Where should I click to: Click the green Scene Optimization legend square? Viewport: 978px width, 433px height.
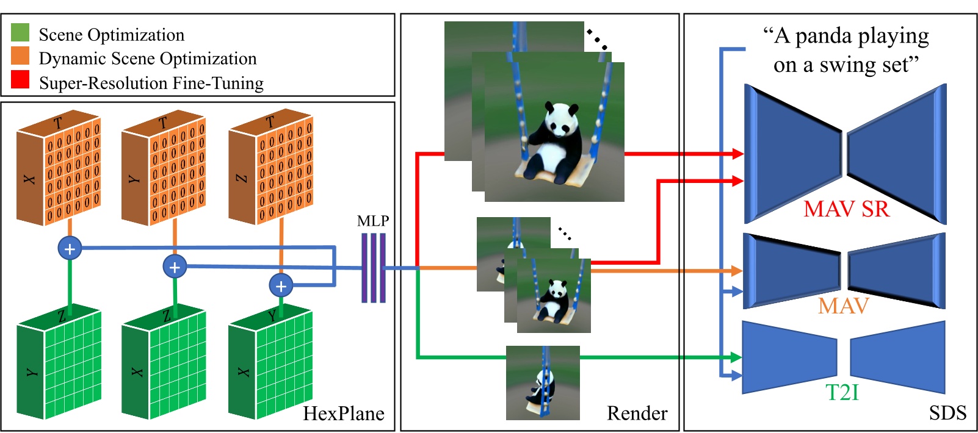click(x=20, y=32)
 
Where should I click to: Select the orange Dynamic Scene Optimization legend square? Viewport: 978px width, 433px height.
click(x=20, y=56)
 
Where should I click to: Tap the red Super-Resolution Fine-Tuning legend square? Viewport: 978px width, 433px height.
click(x=20, y=79)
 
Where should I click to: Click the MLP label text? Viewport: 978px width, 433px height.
click(x=373, y=221)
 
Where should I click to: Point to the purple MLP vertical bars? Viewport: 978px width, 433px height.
click(x=374, y=268)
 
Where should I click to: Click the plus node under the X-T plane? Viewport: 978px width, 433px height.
click(x=70, y=248)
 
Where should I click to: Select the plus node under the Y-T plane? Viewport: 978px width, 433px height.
click(x=175, y=267)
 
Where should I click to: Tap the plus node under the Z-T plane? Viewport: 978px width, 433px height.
click(x=281, y=285)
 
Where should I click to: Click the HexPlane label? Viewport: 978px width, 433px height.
click(x=344, y=413)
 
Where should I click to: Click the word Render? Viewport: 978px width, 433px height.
click(x=637, y=413)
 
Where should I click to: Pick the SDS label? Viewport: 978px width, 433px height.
click(x=947, y=413)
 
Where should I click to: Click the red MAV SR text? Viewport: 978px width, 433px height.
click(x=846, y=209)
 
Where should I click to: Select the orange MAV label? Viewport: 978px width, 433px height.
click(x=843, y=306)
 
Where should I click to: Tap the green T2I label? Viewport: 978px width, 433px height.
click(x=842, y=392)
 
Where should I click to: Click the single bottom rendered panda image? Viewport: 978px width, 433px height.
click(x=543, y=383)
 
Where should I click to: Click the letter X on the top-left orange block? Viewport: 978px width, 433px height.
click(x=29, y=179)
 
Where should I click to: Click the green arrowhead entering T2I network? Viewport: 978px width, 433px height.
click(x=736, y=357)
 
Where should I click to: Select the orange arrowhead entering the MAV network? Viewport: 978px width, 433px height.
click(x=737, y=270)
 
